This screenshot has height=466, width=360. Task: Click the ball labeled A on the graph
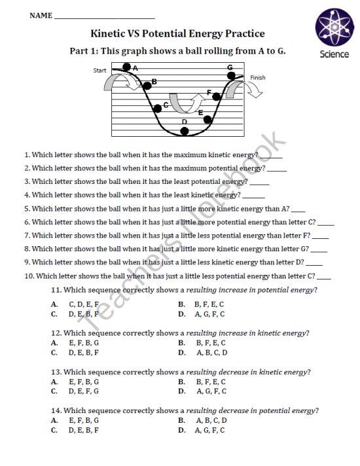(x=127, y=67)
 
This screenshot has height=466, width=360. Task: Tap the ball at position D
(x=185, y=132)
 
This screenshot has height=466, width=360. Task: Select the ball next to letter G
(x=230, y=76)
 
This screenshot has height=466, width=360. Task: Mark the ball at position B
(x=147, y=82)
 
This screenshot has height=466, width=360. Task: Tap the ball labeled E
(x=208, y=120)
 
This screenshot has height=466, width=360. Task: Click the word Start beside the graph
(x=100, y=70)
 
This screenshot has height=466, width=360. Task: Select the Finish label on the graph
(x=258, y=78)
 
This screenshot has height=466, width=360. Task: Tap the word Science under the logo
(x=334, y=54)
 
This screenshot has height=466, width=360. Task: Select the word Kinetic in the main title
(x=111, y=33)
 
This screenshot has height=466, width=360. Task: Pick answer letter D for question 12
(x=182, y=352)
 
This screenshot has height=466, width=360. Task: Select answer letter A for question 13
(x=54, y=382)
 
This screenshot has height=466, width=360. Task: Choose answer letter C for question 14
(x=54, y=430)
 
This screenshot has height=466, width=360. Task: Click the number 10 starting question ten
(x=28, y=276)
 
